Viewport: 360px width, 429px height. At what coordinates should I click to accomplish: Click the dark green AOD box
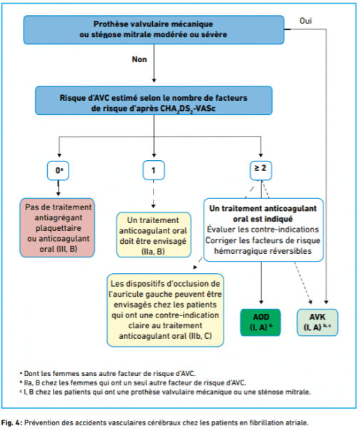click(x=261, y=322)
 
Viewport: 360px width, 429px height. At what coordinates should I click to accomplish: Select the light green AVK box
click(x=317, y=322)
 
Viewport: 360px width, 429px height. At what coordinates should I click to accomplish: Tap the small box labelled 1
click(x=154, y=170)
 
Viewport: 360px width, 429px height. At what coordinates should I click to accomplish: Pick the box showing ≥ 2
click(x=261, y=170)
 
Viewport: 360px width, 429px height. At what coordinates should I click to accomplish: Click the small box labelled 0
click(x=58, y=170)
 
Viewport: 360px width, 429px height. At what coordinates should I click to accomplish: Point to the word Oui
click(x=306, y=21)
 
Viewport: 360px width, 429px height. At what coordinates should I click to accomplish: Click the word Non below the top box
click(x=139, y=59)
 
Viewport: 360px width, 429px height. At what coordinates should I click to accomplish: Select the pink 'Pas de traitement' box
click(x=57, y=227)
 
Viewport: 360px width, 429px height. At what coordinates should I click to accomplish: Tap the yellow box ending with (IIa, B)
click(x=154, y=235)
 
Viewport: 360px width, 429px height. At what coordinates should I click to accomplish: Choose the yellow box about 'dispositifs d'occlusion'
click(x=166, y=310)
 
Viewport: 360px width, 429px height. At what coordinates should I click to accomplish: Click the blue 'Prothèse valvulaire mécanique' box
click(x=154, y=29)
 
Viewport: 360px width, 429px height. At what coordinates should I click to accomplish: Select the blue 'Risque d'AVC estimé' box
click(x=154, y=101)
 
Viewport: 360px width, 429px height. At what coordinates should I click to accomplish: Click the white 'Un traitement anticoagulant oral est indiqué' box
click(x=264, y=230)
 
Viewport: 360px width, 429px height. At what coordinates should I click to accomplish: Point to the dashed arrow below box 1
click(x=154, y=194)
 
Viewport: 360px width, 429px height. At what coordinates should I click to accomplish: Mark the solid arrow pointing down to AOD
click(x=261, y=283)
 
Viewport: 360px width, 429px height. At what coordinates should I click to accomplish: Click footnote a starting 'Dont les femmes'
click(x=108, y=373)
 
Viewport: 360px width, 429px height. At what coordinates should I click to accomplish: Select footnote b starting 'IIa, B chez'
click(x=133, y=383)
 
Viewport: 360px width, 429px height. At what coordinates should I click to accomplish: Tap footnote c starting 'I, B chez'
click(x=165, y=392)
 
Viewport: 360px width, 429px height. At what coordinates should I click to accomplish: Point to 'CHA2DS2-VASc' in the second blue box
click(x=188, y=109)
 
